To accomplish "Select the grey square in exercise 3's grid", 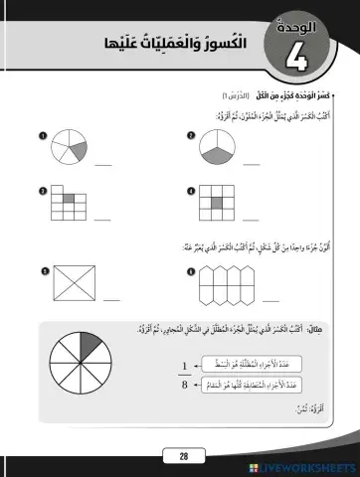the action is pyautogui.click(x=70, y=200).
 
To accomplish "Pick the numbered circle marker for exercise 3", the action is pyautogui.click(x=42, y=190).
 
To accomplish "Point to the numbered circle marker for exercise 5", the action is pyautogui.click(x=43, y=269).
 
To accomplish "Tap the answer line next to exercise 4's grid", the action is pyautogui.click(x=253, y=219).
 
